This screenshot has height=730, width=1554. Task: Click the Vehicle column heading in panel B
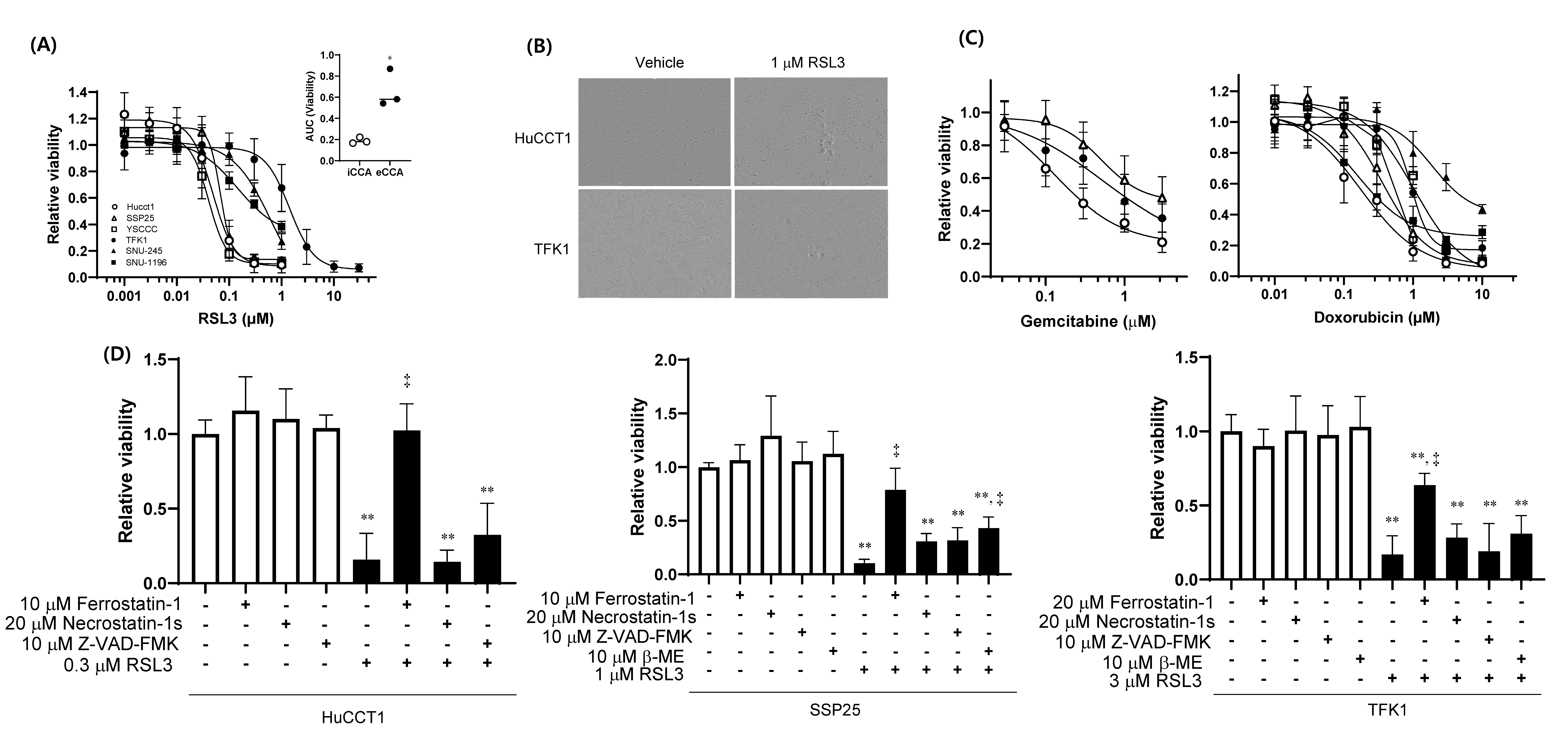coord(659,63)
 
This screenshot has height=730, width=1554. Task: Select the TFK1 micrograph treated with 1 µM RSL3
coord(811,244)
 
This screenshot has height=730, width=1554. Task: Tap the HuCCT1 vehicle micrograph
coord(655,132)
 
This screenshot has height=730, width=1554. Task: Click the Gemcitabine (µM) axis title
coord(1088,322)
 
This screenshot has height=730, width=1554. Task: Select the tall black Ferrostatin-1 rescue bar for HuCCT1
coord(407,507)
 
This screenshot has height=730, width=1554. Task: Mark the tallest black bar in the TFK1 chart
coord(1424,532)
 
